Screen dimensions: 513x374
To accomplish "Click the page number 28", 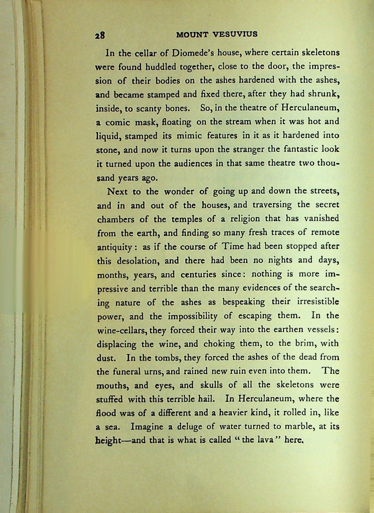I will [100, 36].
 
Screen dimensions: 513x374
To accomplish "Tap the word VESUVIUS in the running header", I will [235, 34].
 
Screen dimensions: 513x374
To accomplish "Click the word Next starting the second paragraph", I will [117, 191].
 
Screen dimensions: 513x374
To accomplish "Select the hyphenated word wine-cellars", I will [121, 330].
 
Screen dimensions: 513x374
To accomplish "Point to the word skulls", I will [211, 385].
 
